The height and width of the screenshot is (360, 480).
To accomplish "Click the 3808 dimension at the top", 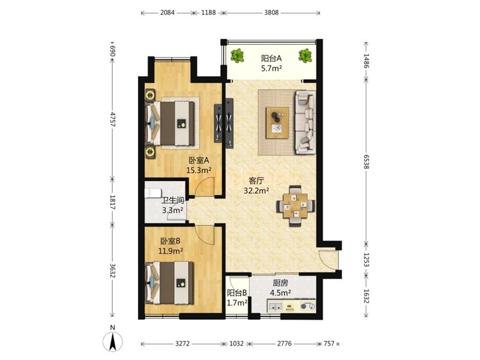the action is coord(272,13).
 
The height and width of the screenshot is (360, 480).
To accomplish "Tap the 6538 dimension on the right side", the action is coord(367,161).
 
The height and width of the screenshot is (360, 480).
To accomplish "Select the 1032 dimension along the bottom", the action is coord(236,343).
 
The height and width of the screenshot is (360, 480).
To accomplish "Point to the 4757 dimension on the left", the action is coord(112,119).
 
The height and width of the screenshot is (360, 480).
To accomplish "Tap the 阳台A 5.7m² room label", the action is coord(271,63).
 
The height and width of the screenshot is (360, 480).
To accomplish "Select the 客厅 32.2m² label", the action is coord(256,185).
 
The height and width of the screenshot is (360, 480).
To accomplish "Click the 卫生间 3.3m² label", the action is coord(173,205).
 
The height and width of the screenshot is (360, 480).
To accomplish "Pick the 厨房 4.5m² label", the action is coord(280,288).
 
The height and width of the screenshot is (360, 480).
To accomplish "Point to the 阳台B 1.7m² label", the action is coord(237,298).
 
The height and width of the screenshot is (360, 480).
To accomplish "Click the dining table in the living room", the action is coord(295,205).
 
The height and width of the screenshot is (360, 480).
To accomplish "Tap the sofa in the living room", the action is coord(305,122).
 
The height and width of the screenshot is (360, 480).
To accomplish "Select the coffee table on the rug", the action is coord(277,122).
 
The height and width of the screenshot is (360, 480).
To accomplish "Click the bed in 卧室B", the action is coord(170,283).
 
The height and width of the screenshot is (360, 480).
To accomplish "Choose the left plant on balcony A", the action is coord(237,56).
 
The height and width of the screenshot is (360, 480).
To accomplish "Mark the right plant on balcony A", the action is coord(305,55).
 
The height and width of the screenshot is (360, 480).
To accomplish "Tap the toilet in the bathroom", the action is coord(153,193).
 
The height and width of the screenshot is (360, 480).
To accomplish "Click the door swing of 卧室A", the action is coord(204,187).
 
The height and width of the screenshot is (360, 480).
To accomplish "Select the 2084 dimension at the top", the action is coord(167,13).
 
